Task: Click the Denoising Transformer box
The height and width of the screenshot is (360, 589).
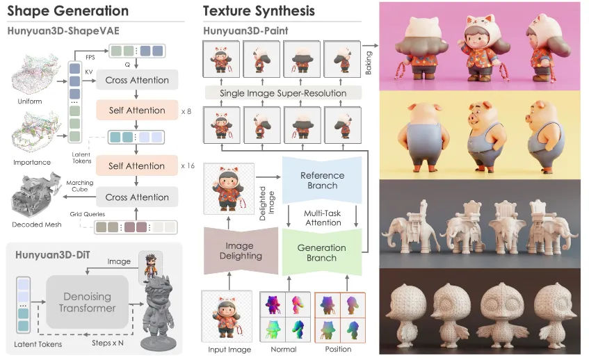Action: click(87, 302)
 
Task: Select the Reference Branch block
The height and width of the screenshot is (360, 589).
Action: click(322, 180)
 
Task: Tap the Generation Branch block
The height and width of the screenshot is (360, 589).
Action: click(322, 252)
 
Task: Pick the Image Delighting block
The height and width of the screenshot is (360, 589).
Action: click(241, 250)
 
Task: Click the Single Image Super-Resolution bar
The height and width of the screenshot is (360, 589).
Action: click(283, 93)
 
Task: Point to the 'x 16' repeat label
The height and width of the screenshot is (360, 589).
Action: click(188, 165)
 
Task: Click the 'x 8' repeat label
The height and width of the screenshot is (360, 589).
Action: click(186, 111)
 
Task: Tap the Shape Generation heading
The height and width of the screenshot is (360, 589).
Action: click(68, 11)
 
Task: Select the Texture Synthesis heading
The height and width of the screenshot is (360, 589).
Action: click(259, 11)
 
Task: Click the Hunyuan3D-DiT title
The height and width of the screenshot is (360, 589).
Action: click(53, 255)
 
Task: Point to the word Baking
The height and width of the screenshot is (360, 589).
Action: click(369, 63)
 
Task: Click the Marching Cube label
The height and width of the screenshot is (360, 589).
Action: click(80, 186)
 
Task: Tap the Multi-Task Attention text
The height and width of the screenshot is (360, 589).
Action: click(323, 218)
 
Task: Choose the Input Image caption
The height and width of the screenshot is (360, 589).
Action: click(229, 350)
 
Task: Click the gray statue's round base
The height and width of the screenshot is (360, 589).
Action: click(159, 343)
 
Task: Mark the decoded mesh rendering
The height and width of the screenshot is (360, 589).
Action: click(36, 196)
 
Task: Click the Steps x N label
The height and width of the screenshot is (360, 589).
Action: click(108, 343)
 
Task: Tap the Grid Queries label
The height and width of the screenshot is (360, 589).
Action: click(87, 214)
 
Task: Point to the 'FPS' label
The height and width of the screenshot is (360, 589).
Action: click(90, 57)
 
